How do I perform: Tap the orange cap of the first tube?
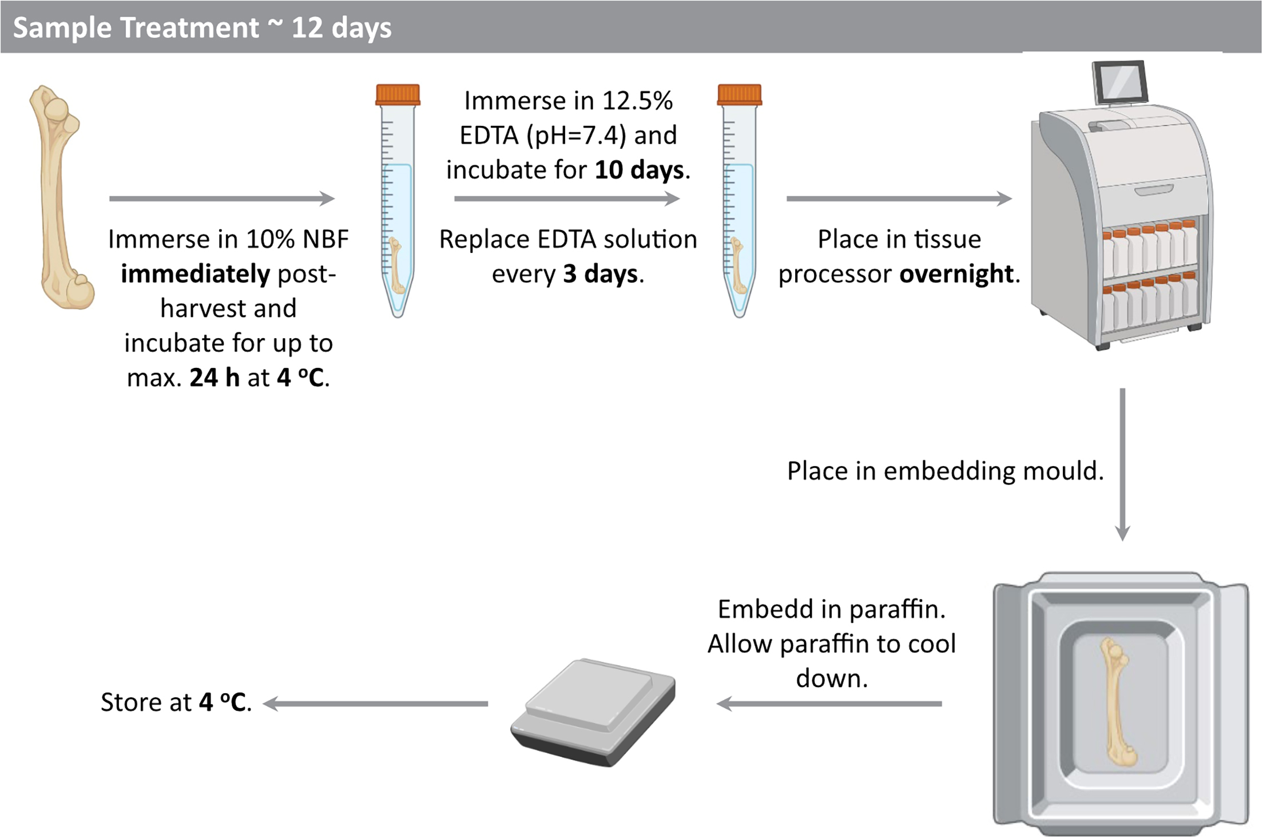click(x=398, y=95)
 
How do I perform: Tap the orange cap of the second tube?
click(x=739, y=95)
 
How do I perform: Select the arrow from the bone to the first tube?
click(x=222, y=198)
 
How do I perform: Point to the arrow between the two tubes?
click(x=567, y=198)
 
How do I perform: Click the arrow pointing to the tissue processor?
click(x=899, y=198)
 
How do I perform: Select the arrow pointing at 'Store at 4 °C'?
click(x=375, y=704)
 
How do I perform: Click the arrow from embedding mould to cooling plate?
click(x=829, y=704)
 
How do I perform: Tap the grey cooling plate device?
click(x=593, y=712)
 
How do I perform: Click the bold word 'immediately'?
click(x=195, y=274)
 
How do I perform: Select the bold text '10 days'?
click(x=639, y=170)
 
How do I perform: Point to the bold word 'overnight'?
click(x=956, y=274)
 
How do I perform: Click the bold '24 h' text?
click(x=215, y=378)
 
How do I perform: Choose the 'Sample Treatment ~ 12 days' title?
click(x=202, y=27)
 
